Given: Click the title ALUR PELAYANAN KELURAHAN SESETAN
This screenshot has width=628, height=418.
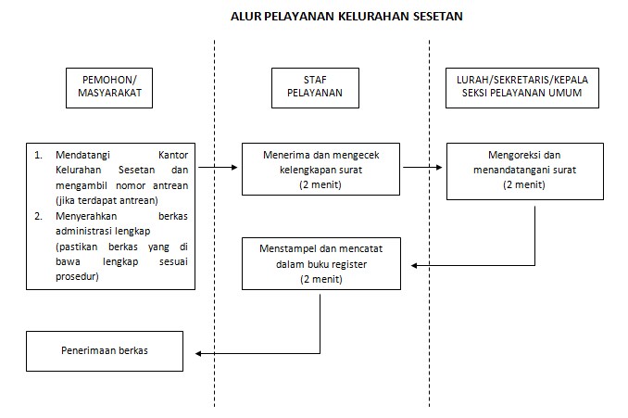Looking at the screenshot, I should coord(346,16).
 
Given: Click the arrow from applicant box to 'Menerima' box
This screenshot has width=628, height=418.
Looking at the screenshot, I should coord(219,169).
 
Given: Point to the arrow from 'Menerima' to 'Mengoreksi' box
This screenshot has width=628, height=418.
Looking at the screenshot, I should coord(422,169).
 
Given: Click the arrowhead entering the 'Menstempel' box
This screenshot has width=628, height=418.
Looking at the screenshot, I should coord(415,265).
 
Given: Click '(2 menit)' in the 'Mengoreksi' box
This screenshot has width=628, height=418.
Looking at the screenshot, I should coord(524,184).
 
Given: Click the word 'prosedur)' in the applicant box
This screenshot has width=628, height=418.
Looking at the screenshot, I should coord(77,277).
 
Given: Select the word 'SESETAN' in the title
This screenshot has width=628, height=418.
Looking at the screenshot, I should coord(433,16).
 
